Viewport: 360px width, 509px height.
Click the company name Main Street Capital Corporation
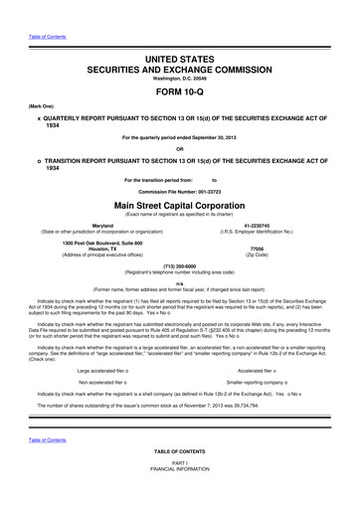click(x=180, y=206)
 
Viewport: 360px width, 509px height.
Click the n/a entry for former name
click(x=180, y=283)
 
